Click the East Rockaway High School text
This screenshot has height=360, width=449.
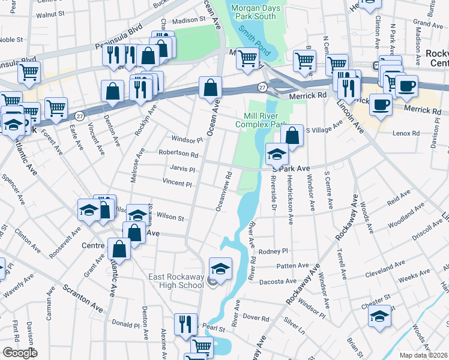pos(176,281)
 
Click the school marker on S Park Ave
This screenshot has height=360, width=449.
pos(276,154)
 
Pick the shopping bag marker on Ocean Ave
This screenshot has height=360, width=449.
pos(211,87)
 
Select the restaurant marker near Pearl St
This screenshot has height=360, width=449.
pos(185,324)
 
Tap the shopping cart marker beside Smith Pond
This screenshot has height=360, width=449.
pos(247,58)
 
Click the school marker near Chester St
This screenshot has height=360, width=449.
pos(380,316)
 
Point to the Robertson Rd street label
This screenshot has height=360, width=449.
pos(178,154)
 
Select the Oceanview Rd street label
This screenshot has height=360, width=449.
pos(223,192)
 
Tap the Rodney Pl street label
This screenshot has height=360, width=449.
pos(275,251)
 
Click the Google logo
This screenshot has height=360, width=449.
pos(20,353)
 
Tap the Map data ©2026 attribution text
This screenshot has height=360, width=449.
pos(423,355)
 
